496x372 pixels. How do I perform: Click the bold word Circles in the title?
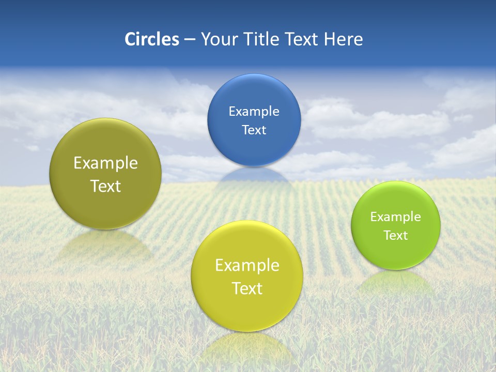pyautogui.click(x=151, y=39)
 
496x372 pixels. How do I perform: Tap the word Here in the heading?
pyautogui.click(x=344, y=39)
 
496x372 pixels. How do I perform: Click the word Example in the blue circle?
pyautogui.click(x=254, y=112)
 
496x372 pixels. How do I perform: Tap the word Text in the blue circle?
pyautogui.click(x=254, y=130)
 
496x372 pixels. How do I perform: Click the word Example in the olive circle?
pyautogui.click(x=105, y=163)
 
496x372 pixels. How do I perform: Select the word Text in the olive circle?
pyautogui.click(x=105, y=186)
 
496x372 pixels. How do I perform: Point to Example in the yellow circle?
pyautogui.click(x=247, y=266)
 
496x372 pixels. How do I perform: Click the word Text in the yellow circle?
pyautogui.click(x=247, y=288)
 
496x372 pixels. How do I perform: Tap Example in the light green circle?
pyautogui.click(x=396, y=217)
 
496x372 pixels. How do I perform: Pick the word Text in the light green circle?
pyautogui.click(x=396, y=236)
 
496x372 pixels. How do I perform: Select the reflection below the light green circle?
pyautogui.click(x=396, y=282)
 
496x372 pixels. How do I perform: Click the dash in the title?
pyautogui.click(x=190, y=40)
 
